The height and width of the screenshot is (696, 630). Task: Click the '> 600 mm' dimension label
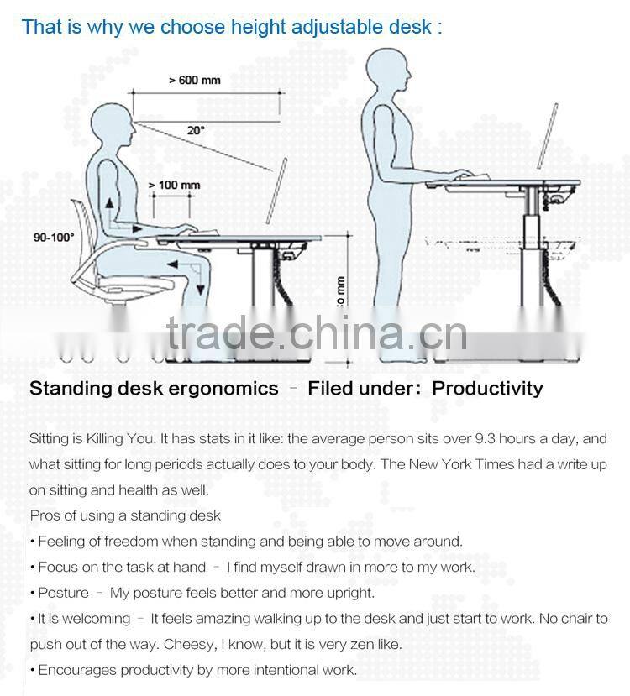pyautogui.click(x=194, y=81)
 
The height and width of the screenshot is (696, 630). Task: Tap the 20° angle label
pyautogui.click(x=195, y=130)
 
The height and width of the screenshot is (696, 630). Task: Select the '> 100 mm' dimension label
pyautogui.click(x=174, y=185)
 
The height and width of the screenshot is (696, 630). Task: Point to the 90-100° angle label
pyautogui.click(x=54, y=238)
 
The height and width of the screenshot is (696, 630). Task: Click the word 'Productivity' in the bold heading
pyautogui.click(x=487, y=388)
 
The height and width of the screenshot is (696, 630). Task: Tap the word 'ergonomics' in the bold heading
pyautogui.click(x=226, y=389)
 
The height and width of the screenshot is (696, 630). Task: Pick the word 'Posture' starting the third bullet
pyautogui.click(x=63, y=593)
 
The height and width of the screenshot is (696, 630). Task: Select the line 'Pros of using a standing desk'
pyautogui.click(x=125, y=515)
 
